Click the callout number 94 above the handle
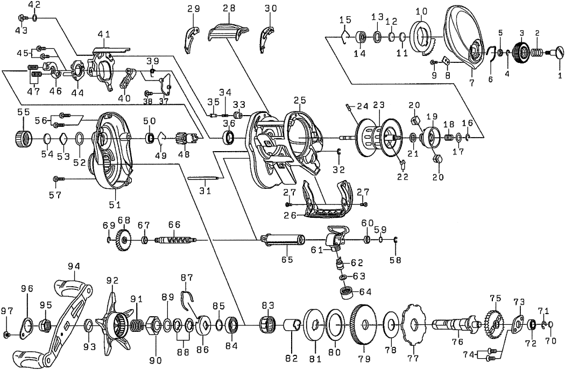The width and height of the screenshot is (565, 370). (x=74, y=265)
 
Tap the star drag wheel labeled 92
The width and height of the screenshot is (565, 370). (x=114, y=324)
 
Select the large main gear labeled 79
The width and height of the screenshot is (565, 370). (x=365, y=325)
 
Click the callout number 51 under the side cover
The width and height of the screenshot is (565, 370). (x=115, y=204)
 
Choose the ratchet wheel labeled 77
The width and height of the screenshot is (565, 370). (x=413, y=324)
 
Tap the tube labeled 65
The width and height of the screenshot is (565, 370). (x=282, y=239)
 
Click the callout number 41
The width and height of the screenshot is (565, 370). (x=104, y=35)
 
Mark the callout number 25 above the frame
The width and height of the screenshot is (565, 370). (x=300, y=101)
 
